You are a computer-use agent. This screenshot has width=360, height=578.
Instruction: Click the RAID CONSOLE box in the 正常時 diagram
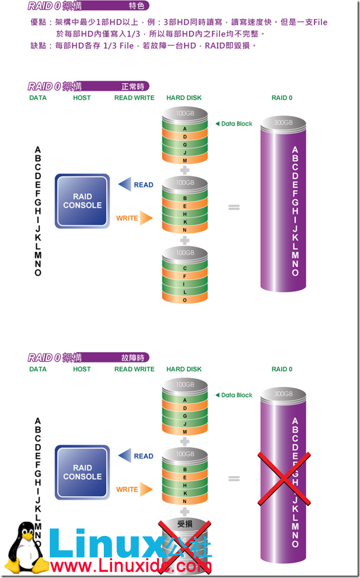(x=82, y=201)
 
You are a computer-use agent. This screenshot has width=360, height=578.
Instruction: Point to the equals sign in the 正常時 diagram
(x=234, y=207)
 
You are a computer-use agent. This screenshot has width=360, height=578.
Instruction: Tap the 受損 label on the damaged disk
(x=186, y=524)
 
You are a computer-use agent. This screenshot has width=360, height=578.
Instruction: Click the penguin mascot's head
(x=25, y=532)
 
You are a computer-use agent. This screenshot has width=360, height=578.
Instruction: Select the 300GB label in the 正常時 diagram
(x=283, y=122)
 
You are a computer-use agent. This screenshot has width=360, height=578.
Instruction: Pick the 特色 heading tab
(x=136, y=7)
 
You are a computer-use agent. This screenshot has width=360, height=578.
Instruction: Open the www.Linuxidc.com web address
(x=130, y=567)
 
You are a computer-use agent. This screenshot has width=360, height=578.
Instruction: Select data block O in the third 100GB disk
(x=185, y=300)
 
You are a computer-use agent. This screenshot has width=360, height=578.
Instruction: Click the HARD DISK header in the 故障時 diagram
(x=184, y=369)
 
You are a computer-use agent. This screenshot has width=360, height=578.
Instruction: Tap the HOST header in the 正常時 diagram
(x=82, y=98)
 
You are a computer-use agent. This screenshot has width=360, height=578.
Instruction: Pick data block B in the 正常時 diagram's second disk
(x=185, y=198)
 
